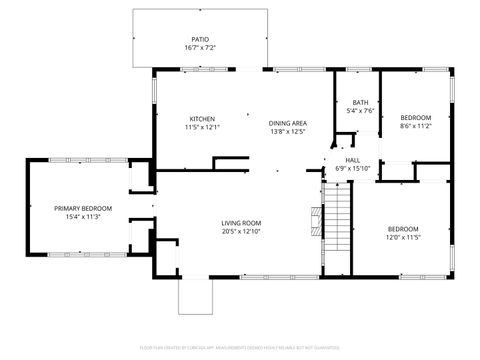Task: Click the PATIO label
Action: (x=200, y=39)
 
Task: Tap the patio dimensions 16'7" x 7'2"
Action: (x=200, y=48)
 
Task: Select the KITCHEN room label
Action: (x=202, y=118)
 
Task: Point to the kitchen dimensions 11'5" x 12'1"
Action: (x=202, y=127)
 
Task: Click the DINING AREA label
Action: (x=287, y=123)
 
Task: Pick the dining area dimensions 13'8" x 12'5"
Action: (x=287, y=132)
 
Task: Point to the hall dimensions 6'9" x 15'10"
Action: (x=352, y=168)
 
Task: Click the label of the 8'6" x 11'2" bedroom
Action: (x=415, y=117)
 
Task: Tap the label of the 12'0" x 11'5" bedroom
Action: (x=403, y=228)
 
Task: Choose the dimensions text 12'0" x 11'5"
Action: (x=403, y=237)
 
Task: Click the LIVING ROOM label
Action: (x=241, y=222)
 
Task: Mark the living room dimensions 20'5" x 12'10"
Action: (x=241, y=231)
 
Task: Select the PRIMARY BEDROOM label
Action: (x=83, y=207)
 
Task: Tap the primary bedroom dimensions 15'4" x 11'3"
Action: (x=83, y=216)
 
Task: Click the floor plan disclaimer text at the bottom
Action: (x=239, y=346)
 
